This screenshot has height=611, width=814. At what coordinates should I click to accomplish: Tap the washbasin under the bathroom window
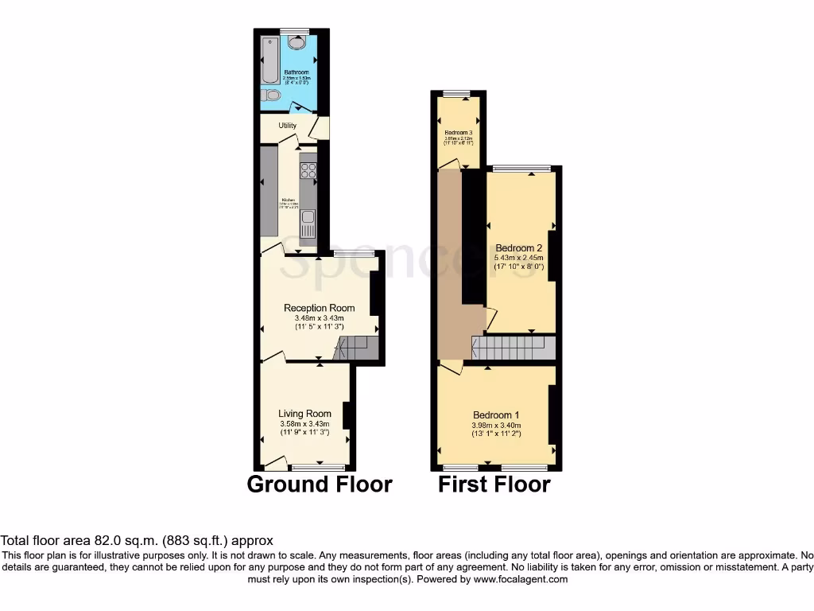click(295, 43)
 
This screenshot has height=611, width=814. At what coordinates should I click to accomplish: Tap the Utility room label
click(287, 126)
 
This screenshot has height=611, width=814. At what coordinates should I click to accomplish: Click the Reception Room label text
click(320, 308)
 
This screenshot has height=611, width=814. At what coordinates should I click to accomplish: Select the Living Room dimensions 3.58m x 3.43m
click(304, 424)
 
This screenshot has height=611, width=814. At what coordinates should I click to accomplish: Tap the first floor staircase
click(513, 348)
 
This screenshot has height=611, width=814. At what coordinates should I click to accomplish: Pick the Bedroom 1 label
click(496, 415)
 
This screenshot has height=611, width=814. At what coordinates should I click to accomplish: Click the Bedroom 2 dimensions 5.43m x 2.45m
click(518, 258)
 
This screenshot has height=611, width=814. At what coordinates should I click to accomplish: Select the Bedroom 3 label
click(459, 133)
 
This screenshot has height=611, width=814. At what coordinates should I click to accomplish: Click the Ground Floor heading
click(320, 484)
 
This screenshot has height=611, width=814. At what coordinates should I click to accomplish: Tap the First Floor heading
click(494, 484)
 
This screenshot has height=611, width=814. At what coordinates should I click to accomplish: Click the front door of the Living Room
click(276, 462)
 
